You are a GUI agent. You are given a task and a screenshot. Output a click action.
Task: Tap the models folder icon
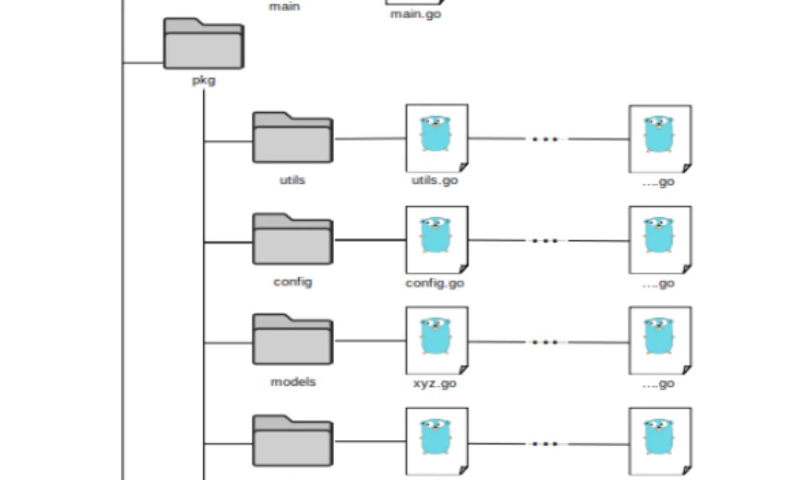[x=292, y=340]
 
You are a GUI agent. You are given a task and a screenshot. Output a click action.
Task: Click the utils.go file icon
[x=436, y=138]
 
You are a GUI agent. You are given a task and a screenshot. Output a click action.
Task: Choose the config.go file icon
[x=436, y=239]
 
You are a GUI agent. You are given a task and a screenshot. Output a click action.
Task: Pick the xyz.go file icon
[x=436, y=340]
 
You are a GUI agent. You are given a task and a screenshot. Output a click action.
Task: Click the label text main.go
[x=415, y=14]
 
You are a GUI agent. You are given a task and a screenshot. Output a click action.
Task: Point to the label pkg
[x=203, y=80]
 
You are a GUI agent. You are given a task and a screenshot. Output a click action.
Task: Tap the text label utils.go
[x=434, y=181]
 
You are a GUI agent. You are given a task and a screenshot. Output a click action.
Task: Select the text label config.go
[x=434, y=283]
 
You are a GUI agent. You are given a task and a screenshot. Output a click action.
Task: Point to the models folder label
[x=292, y=382]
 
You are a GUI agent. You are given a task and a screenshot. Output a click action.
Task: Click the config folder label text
[x=292, y=282]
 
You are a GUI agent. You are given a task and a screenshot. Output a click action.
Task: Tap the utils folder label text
[x=292, y=181]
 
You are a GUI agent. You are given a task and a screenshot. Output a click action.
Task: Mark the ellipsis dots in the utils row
[x=545, y=139]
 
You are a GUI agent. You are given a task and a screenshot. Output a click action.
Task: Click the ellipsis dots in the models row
[x=545, y=342]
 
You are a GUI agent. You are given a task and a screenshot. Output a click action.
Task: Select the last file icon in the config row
[x=660, y=239]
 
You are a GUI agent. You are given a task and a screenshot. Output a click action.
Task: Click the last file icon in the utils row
[x=660, y=138]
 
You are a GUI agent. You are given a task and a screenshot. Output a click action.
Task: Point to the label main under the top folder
[x=284, y=7]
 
